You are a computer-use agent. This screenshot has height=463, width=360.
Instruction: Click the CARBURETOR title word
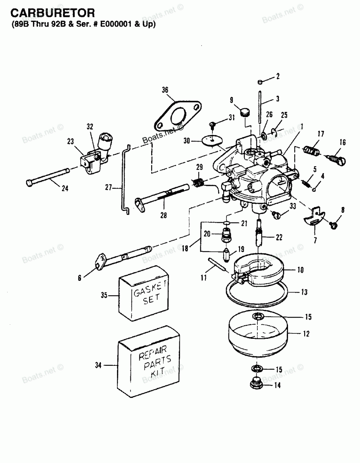point(53,13)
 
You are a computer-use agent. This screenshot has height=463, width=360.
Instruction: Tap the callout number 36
point(165,91)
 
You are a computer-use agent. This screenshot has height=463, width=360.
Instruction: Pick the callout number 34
point(98,366)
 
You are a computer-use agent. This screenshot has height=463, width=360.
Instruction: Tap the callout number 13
point(304,292)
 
